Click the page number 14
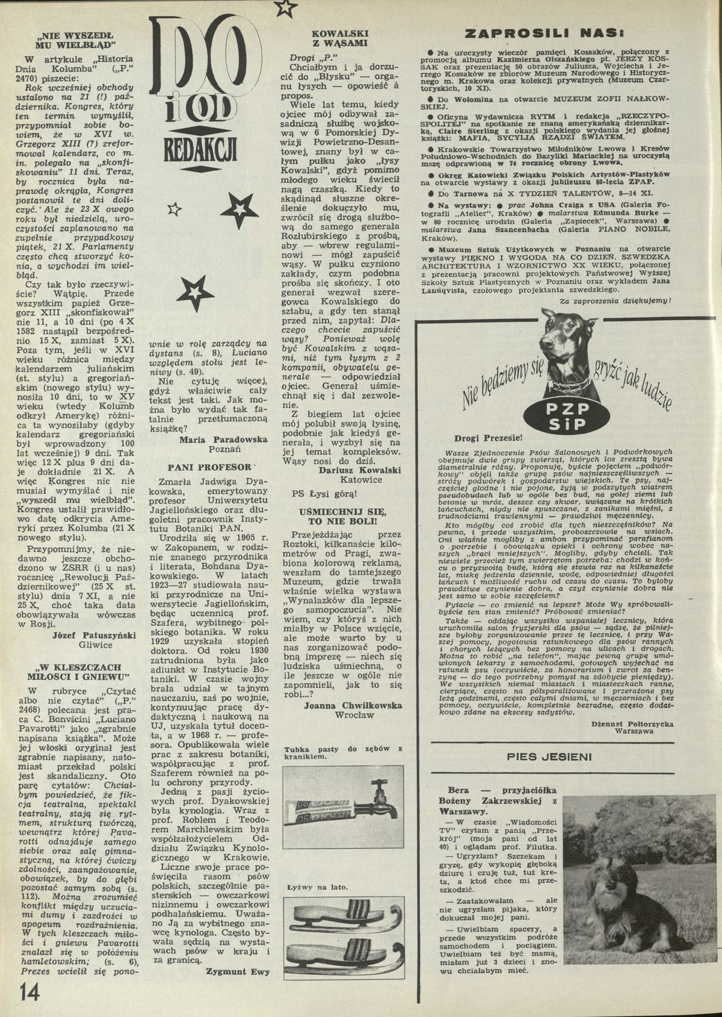[29, 990]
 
